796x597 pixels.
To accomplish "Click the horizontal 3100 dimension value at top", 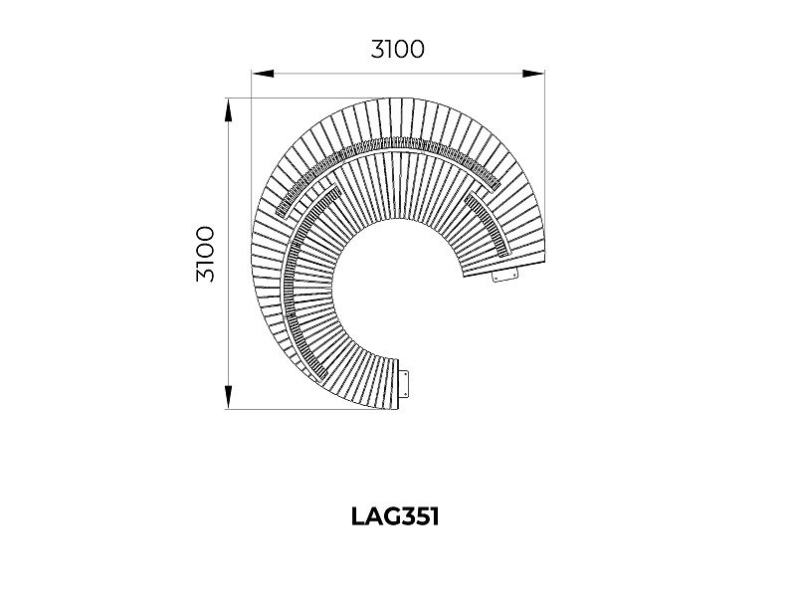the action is pos(397,49).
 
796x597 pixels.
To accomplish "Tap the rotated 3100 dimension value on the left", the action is pos(206,254).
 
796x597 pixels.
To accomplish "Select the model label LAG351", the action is pos(395,516).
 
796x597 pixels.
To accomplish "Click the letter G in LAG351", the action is pos(393,516).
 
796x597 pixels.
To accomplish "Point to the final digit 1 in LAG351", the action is pos(435,516).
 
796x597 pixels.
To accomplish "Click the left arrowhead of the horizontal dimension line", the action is pos(263,74).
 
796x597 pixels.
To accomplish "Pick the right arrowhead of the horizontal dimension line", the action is pos(533,74).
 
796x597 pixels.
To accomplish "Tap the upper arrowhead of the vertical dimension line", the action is pos(229,110).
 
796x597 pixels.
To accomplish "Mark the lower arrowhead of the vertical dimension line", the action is pos(229,396).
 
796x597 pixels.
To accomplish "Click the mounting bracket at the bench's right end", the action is pos(505,276).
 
